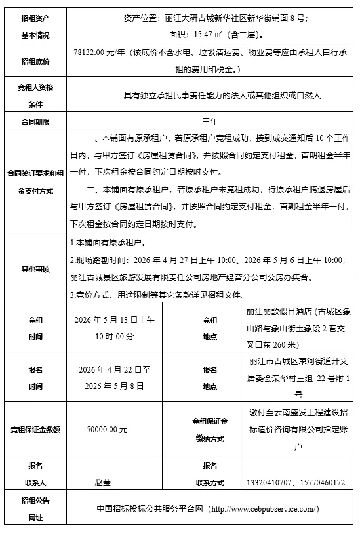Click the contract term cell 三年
click(x=210, y=121)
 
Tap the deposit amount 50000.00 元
click(x=107, y=429)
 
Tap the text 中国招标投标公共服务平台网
click(x=150, y=509)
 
